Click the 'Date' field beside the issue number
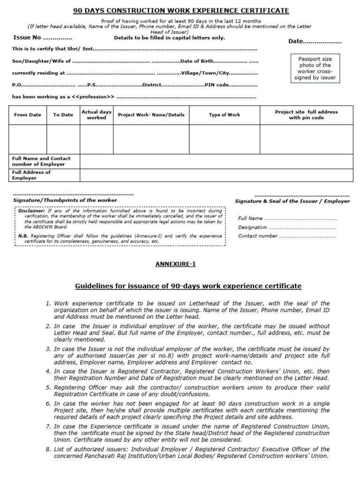[x=315, y=41]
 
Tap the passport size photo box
[x=315, y=68]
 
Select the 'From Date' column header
[x=28, y=115]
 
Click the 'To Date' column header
[x=63, y=115]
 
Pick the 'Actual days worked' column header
[x=97, y=115]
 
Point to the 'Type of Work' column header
[x=224, y=115]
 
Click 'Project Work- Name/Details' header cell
[x=151, y=115]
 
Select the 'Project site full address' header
[x=306, y=115]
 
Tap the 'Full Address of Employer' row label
[x=31, y=175]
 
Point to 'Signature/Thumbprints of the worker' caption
[x=65, y=200]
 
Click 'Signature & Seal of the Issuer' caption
[x=292, y=201]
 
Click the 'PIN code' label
[x=217, y=85]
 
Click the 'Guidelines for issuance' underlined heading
[x=188, y=286]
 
